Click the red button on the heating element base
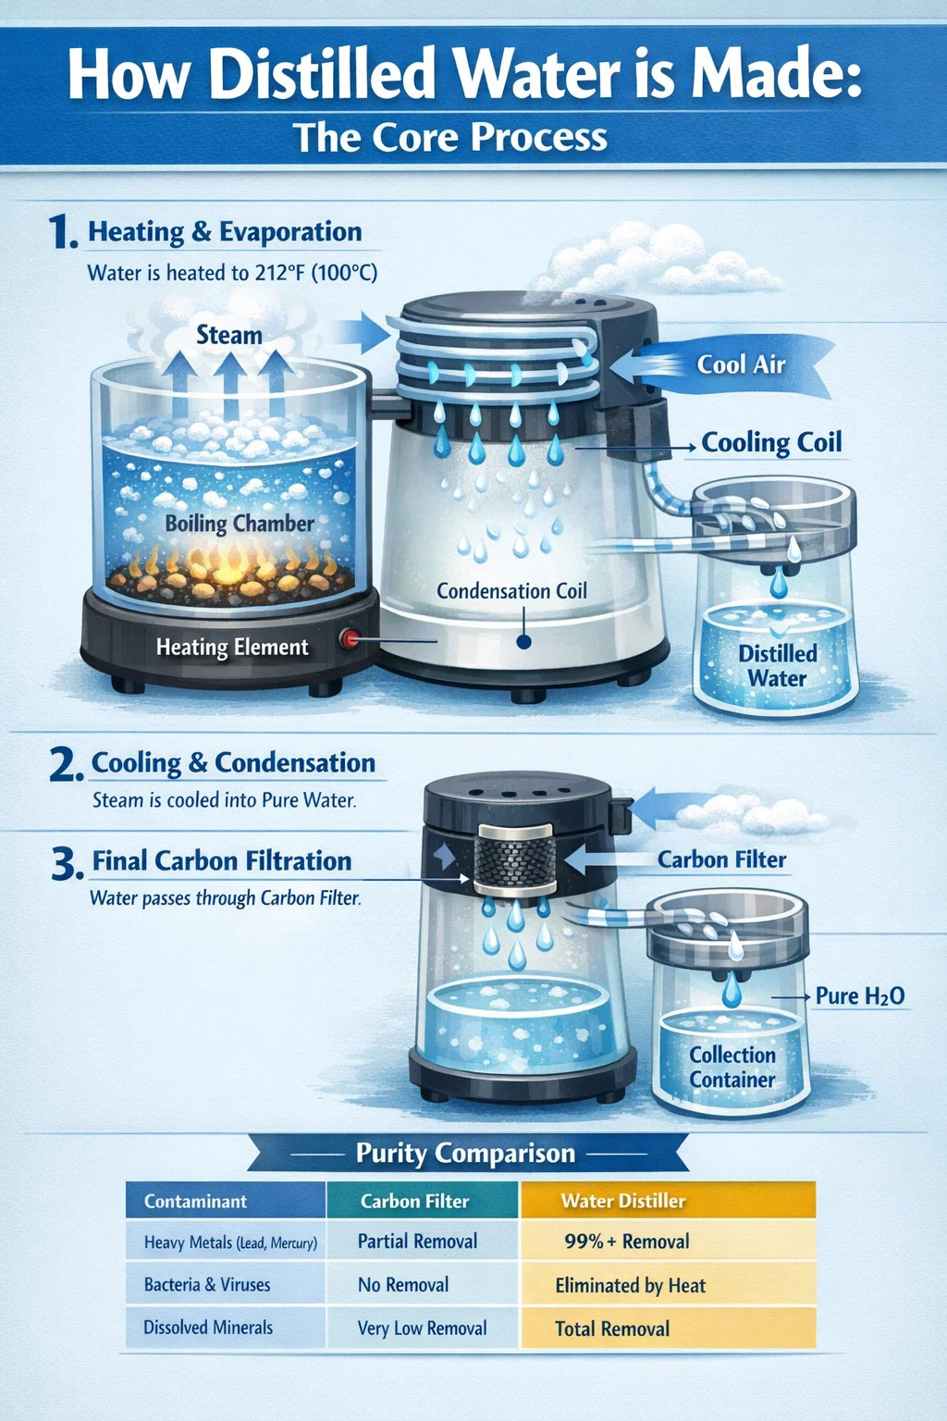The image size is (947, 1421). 349,638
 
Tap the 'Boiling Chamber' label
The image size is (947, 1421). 240,524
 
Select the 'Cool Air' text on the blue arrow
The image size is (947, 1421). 741,365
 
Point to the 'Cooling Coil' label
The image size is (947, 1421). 771,443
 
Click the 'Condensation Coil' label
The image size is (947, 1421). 511,591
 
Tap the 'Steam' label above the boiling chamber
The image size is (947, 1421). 229,335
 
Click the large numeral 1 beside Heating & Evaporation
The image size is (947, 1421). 62,232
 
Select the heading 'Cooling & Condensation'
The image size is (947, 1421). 233,763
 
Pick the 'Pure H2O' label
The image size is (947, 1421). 859,996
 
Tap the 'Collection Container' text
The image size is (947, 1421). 732,1067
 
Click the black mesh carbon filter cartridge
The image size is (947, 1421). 515,858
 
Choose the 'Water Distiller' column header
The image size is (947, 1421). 623,1201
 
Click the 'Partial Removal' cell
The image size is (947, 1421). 417,1242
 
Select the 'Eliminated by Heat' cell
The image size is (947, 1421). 631,1285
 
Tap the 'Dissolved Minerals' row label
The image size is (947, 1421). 208,1328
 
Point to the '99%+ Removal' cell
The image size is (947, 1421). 627,1242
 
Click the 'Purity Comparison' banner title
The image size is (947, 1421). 465,1153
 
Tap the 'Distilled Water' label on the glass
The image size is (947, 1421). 777,666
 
